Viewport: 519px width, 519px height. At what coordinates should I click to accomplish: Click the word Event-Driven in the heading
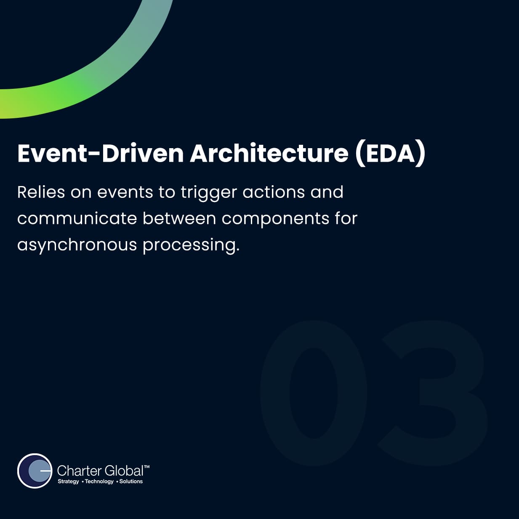pyautogui.click(x=101, y=154)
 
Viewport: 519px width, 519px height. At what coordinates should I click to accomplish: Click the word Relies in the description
pyautogui.click(x=41, y=192)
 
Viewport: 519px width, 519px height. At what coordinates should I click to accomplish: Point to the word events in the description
pyautogui.click(x=125, y=193)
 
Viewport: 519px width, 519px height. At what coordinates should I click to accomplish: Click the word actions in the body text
pyautogui.click(x=274, y=193)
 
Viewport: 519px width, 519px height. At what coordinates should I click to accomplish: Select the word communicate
pyautogui.click(x=77, y=218)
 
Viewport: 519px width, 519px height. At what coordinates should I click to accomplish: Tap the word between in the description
pyautogui.click(x=179, y=218)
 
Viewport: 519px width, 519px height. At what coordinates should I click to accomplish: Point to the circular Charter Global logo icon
pyautogui.click(x=35, y=471)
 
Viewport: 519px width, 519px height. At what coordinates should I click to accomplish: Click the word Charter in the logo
pyautogui.click(x=79, y=471)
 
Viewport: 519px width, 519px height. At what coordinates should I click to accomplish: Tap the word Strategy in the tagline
pyautogui.click(x=69, y=481)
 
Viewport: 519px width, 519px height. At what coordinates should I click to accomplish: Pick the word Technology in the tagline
pyautogui.click(x=99, y=481)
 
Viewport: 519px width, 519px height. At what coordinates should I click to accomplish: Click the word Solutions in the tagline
pyautogui.click(x=131, y=481)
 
